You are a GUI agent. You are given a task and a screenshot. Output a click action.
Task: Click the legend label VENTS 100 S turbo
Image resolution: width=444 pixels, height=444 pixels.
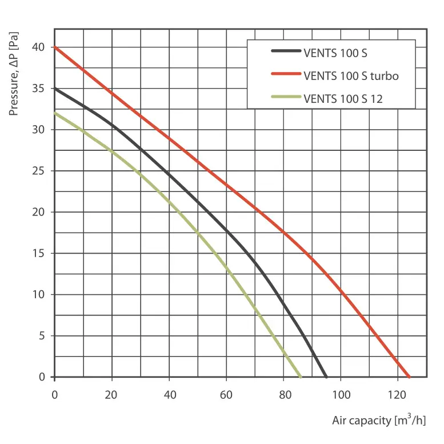(x=351, y=75)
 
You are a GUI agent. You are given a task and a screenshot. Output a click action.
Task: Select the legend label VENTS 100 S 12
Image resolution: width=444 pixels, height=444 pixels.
(x=343, y=98)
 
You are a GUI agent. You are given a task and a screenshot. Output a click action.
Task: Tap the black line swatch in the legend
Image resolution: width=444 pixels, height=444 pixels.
(x=286, y=53)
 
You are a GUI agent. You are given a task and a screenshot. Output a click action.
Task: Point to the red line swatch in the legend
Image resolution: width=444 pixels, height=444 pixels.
(x=286, y=75)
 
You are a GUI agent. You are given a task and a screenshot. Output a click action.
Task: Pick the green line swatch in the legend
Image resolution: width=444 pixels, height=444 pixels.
(x=286, y=98)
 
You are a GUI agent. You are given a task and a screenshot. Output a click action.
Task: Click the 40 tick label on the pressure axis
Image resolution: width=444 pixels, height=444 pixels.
(x=39, y=47)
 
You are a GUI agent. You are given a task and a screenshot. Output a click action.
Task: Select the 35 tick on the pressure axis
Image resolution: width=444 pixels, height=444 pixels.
(x=39, y=89)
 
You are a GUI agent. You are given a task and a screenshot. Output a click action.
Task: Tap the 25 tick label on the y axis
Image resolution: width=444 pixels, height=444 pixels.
(x=39, y=171)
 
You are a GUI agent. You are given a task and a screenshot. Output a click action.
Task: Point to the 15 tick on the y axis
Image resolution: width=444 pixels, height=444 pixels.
(x=39, y=253)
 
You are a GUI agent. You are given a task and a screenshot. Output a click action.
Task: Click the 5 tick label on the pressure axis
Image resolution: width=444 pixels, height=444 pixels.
(x=42, y=335)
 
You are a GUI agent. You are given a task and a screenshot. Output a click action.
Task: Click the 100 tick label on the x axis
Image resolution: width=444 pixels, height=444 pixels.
(x=341, y=394)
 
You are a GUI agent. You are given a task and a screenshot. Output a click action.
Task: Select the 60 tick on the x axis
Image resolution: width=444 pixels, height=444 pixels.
(x=226, y=394)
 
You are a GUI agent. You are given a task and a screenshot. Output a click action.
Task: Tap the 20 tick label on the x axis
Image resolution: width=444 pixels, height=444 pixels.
(x=111, y=394)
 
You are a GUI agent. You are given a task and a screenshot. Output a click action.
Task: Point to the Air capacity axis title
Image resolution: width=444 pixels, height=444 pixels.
(x=379, y=421)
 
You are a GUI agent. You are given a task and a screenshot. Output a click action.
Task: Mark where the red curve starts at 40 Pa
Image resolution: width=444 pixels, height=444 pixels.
(x=55, y=47)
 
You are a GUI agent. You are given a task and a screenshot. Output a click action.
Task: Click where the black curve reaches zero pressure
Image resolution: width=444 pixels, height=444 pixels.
(x=326, y=377)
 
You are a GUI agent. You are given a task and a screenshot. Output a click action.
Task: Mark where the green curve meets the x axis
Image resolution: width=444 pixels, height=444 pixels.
(x=301, y=377)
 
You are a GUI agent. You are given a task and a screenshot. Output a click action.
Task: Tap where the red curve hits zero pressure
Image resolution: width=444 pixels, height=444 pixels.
(x=409, y=377)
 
